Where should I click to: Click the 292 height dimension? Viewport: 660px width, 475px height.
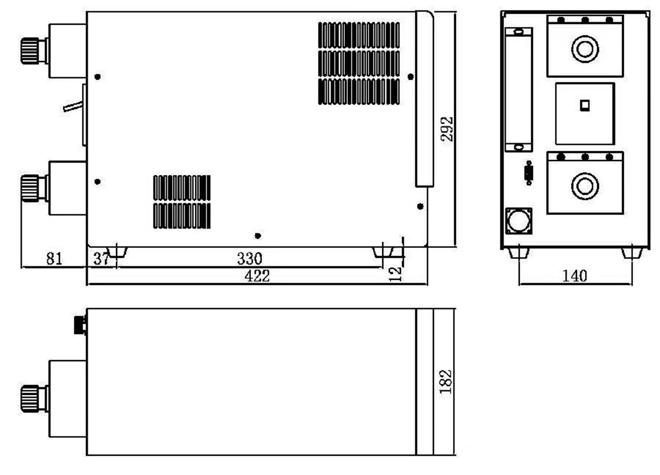point(447,129)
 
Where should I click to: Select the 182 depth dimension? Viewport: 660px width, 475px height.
point(446,381)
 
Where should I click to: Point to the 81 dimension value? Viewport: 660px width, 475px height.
point(54,258)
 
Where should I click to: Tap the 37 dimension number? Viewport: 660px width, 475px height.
point(101,259)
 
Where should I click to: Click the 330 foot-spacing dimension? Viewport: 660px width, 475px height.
point(249,258)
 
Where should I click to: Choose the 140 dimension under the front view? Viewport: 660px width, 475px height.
point(574,275)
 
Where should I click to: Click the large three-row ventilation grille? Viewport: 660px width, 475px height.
point(359,63)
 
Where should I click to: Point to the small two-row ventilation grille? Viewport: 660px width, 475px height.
point(182,202)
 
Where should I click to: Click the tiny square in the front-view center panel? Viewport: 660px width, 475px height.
point(585,104)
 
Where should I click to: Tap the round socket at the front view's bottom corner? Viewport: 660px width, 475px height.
point(519,221)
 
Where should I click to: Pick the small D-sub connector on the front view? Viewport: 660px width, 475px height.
point(529,173)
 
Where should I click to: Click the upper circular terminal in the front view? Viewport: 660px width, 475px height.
point(585,49)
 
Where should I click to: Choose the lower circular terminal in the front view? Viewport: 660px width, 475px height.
point(585,185)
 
